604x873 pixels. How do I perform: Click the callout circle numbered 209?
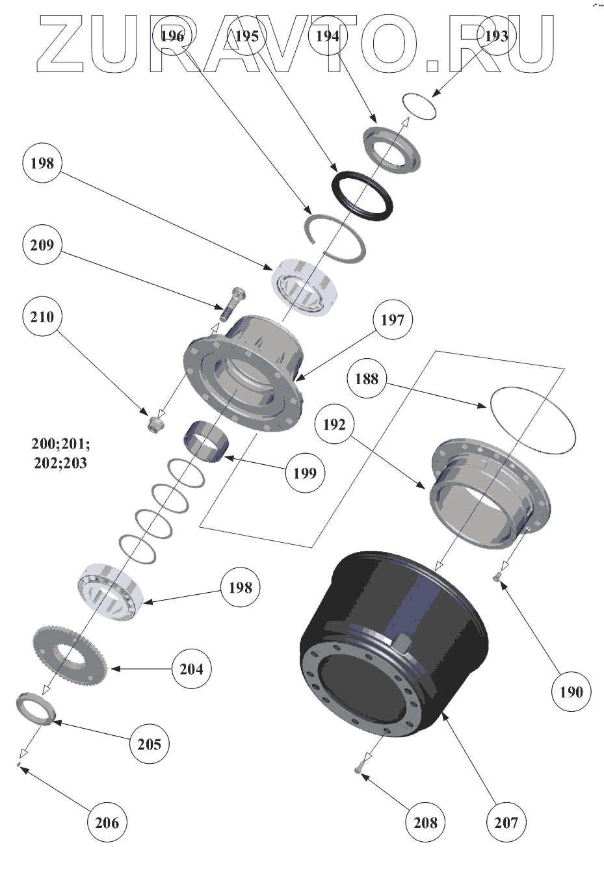tap(42, 245)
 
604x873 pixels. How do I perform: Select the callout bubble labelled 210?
tap(42, 317)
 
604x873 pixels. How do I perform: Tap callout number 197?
tap(393, 320)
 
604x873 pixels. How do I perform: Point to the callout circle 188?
tap(367, 378)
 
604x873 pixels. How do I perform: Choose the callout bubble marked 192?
tap(334, 424)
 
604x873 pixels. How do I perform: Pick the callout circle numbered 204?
tap(191, 668)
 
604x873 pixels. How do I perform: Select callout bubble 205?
tap(149, 744)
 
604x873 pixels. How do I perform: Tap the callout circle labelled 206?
tap(107, 822)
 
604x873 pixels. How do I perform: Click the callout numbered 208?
tap(425, 822)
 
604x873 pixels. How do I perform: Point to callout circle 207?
tap(506, 822)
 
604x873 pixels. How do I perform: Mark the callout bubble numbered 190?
tap(571, 692)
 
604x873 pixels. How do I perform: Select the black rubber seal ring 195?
tap(362, 196)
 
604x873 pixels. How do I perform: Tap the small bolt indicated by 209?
tap(232, 303)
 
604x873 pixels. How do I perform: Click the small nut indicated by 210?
tap(155, 424)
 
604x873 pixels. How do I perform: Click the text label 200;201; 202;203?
tap(61, 454)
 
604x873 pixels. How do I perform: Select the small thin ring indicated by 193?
tap(419, 106)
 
